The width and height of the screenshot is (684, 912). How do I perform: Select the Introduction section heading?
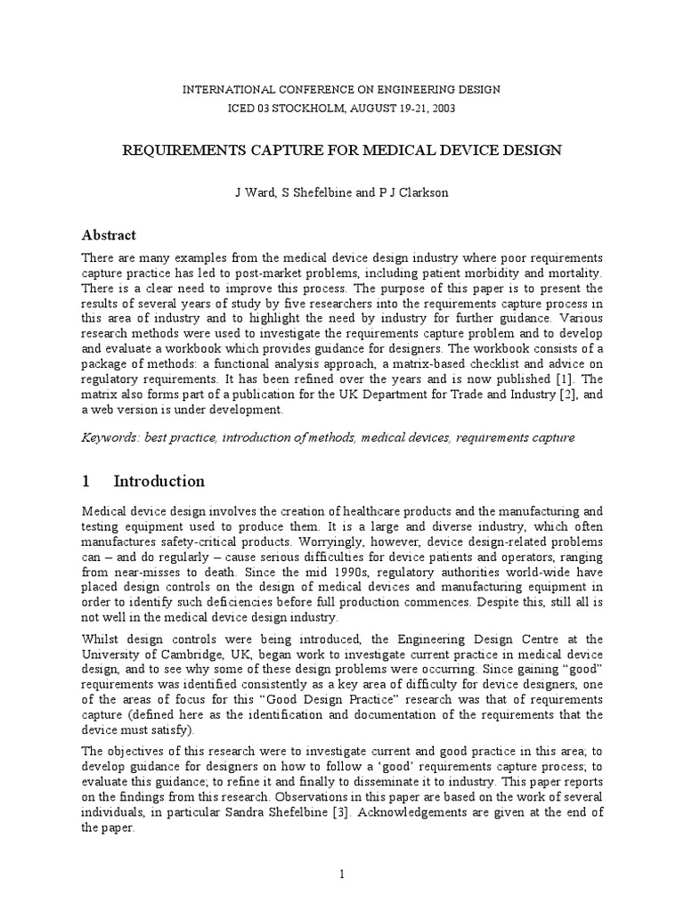click(x=159, y=482)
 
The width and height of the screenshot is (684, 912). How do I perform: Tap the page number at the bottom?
click(x=341, y=875)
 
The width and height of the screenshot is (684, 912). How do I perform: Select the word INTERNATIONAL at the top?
click(x=221, y=90)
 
